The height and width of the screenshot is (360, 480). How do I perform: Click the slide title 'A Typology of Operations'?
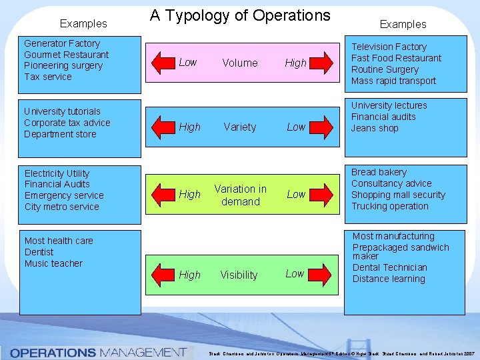(x=240, y=15)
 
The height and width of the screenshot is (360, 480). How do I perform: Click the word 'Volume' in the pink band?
(x=240, y=63)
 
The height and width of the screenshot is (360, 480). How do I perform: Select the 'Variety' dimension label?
(x=240, y=127)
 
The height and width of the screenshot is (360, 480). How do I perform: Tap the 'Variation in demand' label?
(x=240, y=195)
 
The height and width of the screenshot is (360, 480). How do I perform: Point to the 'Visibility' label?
(x=239, y=275)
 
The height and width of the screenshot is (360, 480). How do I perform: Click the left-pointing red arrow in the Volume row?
(x=163, y=62)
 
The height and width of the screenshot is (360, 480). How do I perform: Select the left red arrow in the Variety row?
(x=163, y=127)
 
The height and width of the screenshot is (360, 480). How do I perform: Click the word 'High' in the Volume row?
(x=295, y=63)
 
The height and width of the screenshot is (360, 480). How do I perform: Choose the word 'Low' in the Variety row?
(x=296, y=127)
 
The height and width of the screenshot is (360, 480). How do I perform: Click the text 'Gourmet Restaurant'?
(x=66, y=54)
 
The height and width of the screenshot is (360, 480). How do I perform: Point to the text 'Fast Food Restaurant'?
(x=396, y=58)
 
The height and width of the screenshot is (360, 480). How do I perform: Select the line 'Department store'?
(x=60, y=134)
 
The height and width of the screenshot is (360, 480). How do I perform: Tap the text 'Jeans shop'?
(x=375, y=128)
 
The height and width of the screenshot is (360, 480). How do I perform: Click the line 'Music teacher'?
(x=53, y=263)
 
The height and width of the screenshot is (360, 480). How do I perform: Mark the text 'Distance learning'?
(x=389, y=279)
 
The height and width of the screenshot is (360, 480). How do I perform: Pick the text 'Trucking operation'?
(x=390, y=206)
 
